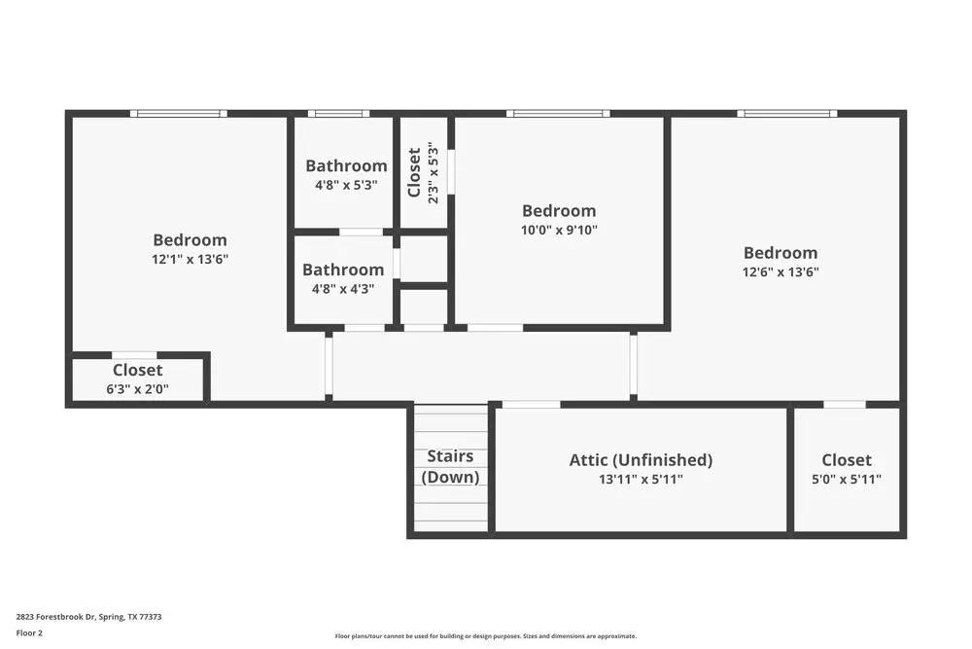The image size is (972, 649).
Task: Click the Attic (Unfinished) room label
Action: point(641,460)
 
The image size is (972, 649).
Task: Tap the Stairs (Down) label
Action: point(450,467)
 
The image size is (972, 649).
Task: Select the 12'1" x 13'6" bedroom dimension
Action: point(190,259)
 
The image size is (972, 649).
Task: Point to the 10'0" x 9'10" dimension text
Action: point(559,230)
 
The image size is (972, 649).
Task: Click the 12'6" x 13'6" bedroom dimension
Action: point(781,272)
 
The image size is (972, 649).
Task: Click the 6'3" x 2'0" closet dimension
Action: point(137,388)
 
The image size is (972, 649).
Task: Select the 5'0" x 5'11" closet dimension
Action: point(846,479)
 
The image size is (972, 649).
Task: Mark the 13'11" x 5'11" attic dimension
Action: point(641,479)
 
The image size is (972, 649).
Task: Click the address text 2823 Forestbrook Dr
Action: point(88,616)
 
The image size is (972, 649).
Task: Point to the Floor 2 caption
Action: point(29,632)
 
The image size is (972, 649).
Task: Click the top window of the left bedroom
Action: point(180,114)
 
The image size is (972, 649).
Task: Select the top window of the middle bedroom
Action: point(558,114)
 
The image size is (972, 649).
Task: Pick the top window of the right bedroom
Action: point(786,114)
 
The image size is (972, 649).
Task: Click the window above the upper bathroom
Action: point(338,114)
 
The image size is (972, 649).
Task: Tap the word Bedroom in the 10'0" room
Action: point(559,210)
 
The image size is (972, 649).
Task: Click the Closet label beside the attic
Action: point(846,460)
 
